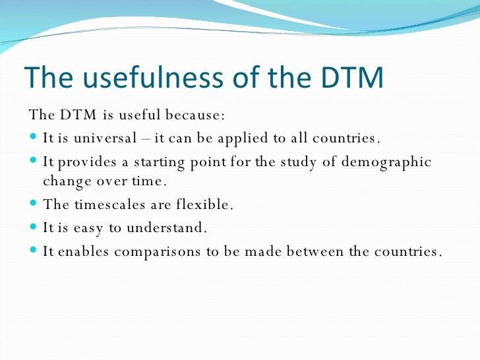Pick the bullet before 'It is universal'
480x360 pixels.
click(34, 139)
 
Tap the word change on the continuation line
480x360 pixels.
click(65, 181)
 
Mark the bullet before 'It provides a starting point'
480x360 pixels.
click(34, 162)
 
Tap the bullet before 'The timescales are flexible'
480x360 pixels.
click(34, 205)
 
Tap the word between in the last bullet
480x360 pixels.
click(319, 252)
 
